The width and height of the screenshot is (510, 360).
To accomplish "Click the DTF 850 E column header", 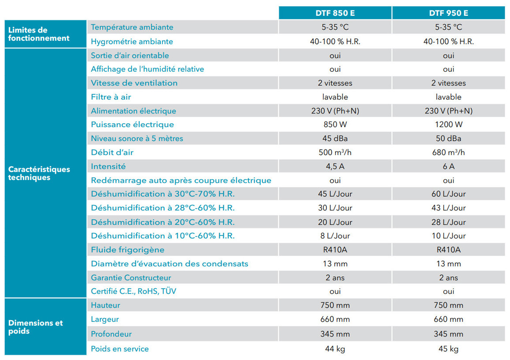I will coord(335,13).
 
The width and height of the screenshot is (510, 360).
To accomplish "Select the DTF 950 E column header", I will coord(448,13).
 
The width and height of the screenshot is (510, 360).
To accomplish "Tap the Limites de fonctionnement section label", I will coord(39,34).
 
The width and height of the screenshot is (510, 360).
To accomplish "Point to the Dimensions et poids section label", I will coord(36,327).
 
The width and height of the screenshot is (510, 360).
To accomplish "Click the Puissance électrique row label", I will coord(132,125).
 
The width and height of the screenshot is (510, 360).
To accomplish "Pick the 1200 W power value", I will coord(448,125).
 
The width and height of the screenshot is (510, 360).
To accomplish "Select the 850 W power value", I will coord(335,125).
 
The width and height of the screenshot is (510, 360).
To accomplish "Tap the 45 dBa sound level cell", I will coord(335,139).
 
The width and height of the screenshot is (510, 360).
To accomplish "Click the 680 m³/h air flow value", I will coord(448,152).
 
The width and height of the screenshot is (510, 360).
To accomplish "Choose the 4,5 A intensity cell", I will coord(335,166).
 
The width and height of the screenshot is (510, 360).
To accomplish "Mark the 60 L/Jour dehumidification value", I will coord(448,194).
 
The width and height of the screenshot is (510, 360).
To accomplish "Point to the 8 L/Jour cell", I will coord(335,236).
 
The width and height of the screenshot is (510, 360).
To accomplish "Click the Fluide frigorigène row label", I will coord(127,250).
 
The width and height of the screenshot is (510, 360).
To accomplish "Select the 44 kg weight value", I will coord(335,349).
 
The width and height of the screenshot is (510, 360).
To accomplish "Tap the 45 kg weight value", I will coord(448,349).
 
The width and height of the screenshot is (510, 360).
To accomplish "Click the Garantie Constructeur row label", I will coord(131,278).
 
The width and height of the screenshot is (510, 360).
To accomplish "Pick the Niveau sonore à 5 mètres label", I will coord(137,139).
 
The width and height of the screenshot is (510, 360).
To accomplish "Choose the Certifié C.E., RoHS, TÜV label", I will coord(133,291).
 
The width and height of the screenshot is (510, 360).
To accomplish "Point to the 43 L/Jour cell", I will coord(448,208).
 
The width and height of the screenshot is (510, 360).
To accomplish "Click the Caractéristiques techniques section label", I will coord(39,173).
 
